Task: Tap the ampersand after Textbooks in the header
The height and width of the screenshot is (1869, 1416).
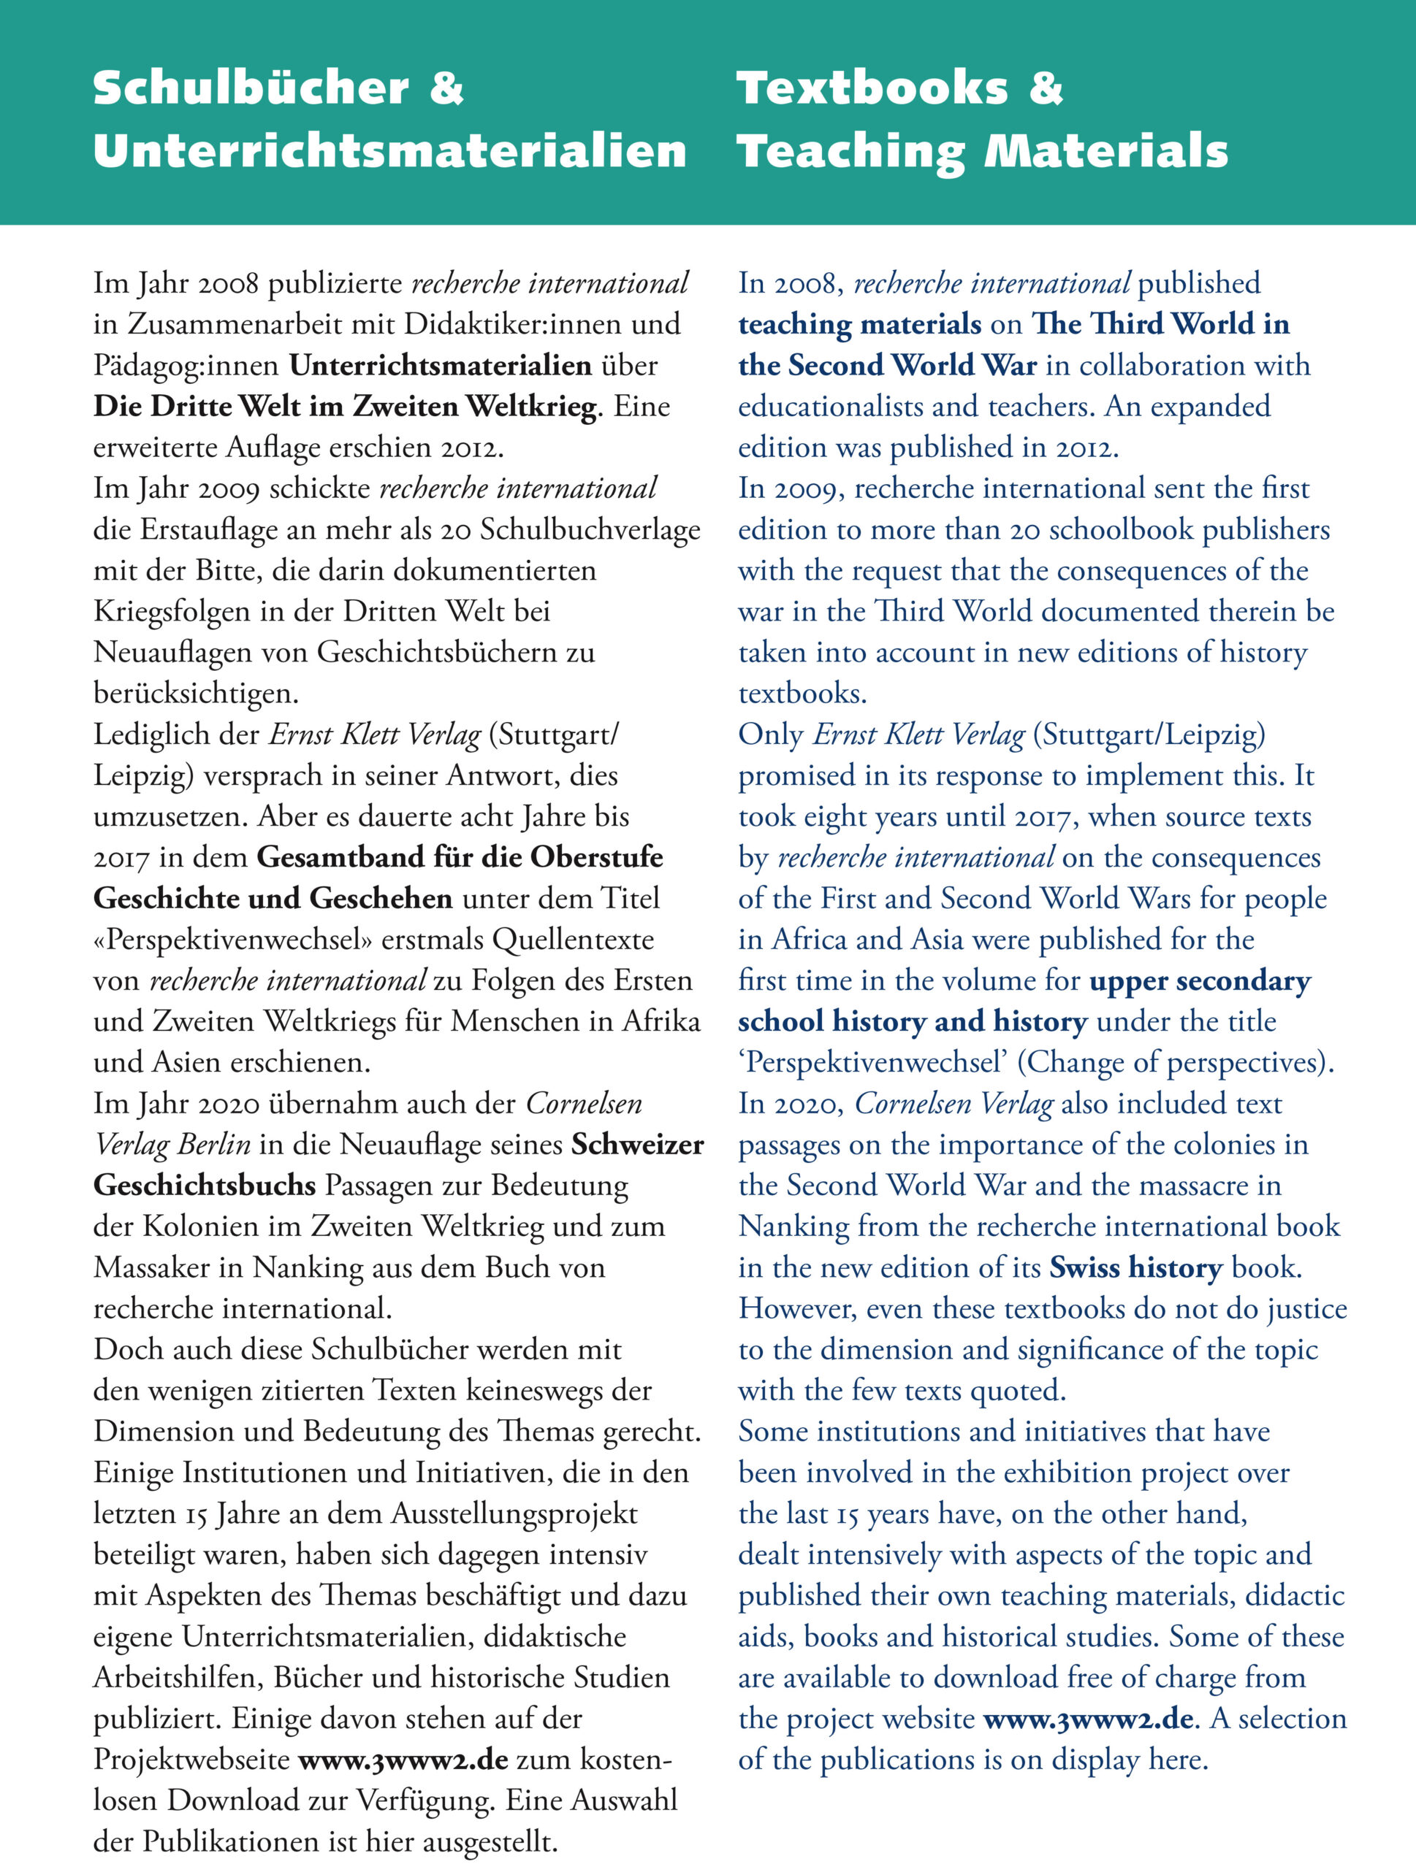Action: pos(1046,88)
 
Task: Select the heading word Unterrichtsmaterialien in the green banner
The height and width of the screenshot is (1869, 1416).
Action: pos(389,152)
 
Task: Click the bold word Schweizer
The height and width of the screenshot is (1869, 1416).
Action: pos(637,1145)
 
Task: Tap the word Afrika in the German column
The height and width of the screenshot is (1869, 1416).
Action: pos(661,1021)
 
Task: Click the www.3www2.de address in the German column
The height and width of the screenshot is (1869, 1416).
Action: pos(403,1760)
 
